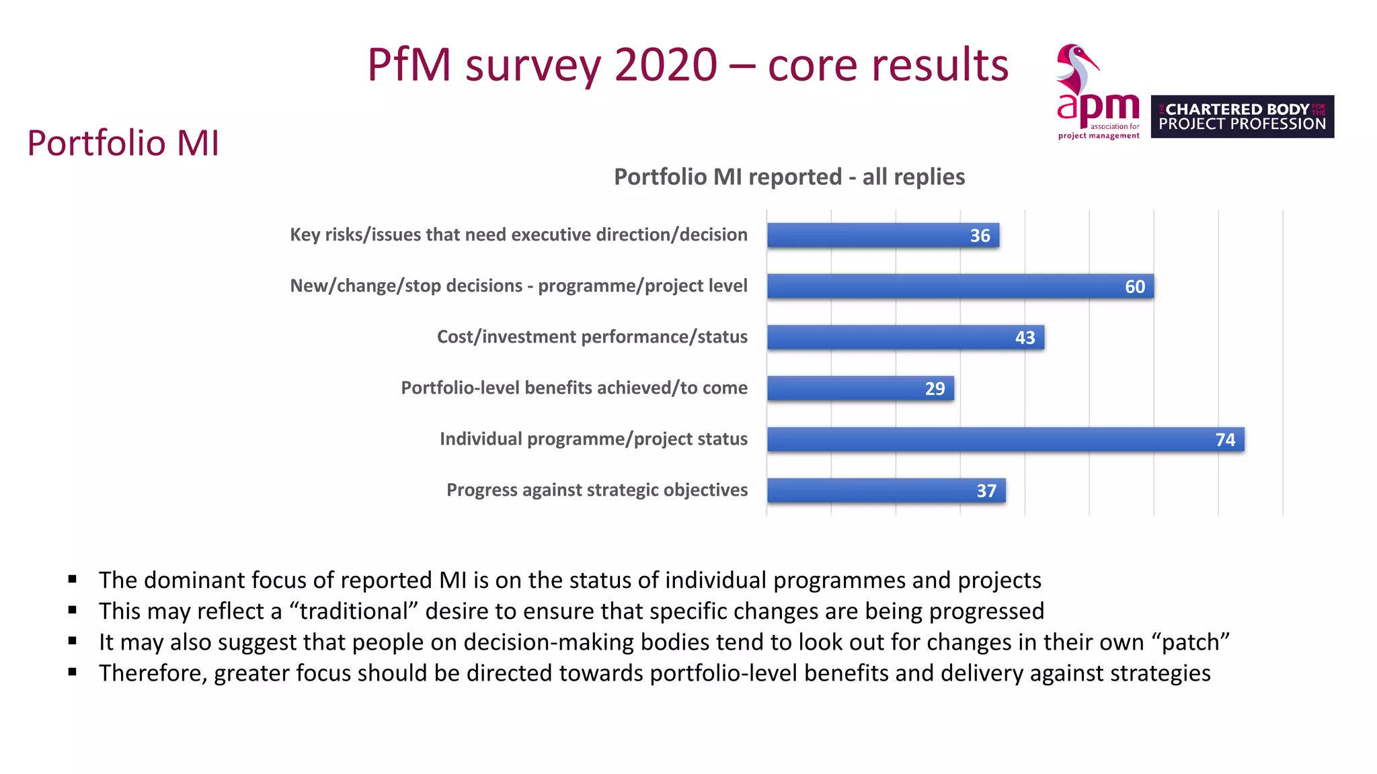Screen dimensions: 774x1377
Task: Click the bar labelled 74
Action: point(1005,439)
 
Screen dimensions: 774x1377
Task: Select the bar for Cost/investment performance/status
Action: point(905,337)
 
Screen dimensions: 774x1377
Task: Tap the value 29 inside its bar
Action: point(935,388)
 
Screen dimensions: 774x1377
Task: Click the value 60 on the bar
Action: point(1135,287)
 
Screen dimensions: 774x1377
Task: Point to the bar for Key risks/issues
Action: point(882,235)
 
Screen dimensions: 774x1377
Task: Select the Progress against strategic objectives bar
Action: point(886,490)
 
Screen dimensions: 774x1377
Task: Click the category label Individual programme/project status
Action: point(593,439)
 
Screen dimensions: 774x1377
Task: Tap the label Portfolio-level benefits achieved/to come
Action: point(574,388)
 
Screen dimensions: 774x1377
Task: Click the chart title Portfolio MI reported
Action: point(789,177)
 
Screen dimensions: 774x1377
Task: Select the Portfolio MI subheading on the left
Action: point(123,143)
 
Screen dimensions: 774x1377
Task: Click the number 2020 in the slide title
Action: point(666,65)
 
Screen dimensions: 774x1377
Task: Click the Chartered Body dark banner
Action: point(1242,116)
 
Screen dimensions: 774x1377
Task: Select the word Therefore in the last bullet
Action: point(153,673)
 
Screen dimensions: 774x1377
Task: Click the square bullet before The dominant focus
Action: point(73,579)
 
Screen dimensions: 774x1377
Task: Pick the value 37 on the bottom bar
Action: point(986,491)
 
